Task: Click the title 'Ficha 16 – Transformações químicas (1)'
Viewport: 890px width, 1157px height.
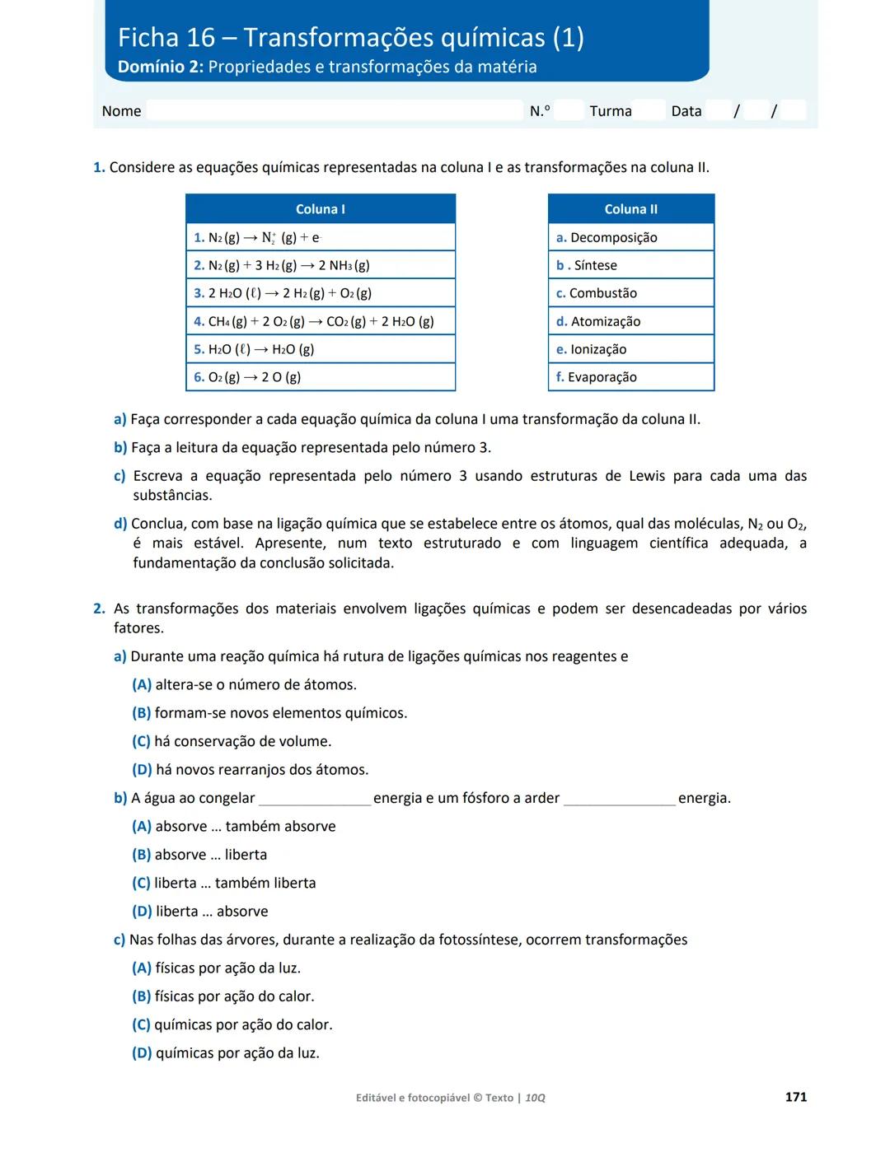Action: tap(350, 38)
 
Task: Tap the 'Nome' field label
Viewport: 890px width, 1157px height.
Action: tap(121, 111)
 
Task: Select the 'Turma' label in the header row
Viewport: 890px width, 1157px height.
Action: tap(611, 111)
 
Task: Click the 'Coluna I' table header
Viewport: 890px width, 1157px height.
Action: tap(320, 209)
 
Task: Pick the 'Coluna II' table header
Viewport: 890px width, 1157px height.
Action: tap(630, 209)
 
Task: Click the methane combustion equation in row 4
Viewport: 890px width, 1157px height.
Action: tap(321, 321)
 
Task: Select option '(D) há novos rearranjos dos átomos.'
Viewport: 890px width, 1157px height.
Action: tap(251, 770)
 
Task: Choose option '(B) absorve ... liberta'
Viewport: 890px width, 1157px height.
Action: tap(199, 855)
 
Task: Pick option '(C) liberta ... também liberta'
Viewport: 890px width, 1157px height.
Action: tap(224, 883)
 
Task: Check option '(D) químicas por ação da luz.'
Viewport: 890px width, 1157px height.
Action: tap(226, 1053)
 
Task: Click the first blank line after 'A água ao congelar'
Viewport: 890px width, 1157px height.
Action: tap(315, 800)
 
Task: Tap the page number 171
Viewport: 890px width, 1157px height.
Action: tap(795, 1097)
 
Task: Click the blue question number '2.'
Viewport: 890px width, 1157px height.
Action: tap(99, 609)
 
